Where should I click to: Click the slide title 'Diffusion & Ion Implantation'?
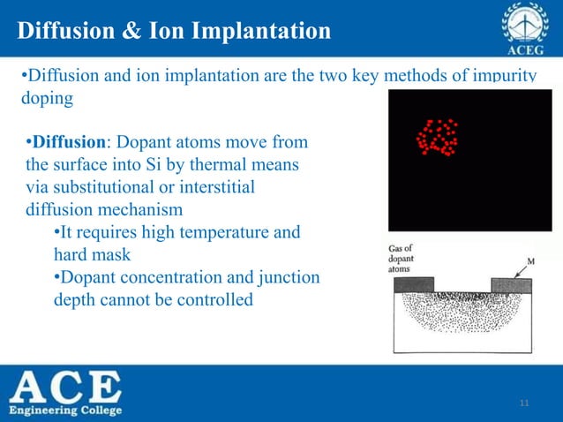[x=173, y=32]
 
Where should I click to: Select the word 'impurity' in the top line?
[x=503, y=76]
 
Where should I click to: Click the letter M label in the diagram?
[x=531, y=261]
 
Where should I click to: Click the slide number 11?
[x=525, y=404]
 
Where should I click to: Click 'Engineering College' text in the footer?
[x=66, y=411]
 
